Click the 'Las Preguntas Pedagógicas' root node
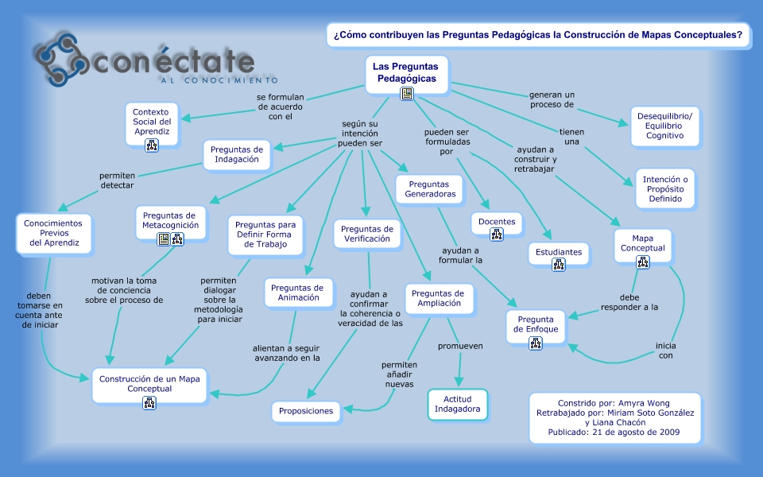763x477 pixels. pos(405,73)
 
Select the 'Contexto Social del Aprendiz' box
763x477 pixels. pos(152,122)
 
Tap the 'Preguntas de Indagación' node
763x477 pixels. pos(237,153)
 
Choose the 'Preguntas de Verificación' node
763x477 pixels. pos(366,234)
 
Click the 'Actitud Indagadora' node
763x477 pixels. pos(457,404)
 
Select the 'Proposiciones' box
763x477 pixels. pos(306,411)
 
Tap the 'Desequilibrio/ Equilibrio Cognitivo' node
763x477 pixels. pos(664,126)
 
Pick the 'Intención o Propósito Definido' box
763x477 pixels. pos(665,189)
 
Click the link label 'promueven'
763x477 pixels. pos(460,346)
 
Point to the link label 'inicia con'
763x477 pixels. pos(665,351)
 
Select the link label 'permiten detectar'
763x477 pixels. pos(117,180)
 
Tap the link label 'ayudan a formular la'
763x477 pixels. pos(463,254)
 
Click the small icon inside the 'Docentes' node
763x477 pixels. pos(497,234)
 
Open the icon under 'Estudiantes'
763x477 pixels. pos(559,265)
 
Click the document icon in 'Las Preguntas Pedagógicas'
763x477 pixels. pos(407,94)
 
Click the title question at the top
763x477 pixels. pos(538,35)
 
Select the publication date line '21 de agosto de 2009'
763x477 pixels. pos(615,432)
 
